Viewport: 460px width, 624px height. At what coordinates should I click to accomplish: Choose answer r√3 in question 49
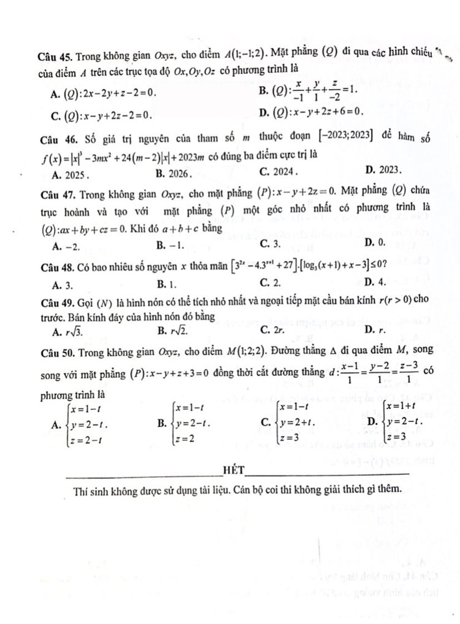click(x=75, y=332)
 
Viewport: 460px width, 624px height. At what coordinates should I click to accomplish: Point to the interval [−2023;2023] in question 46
click(x=354, y=136)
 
